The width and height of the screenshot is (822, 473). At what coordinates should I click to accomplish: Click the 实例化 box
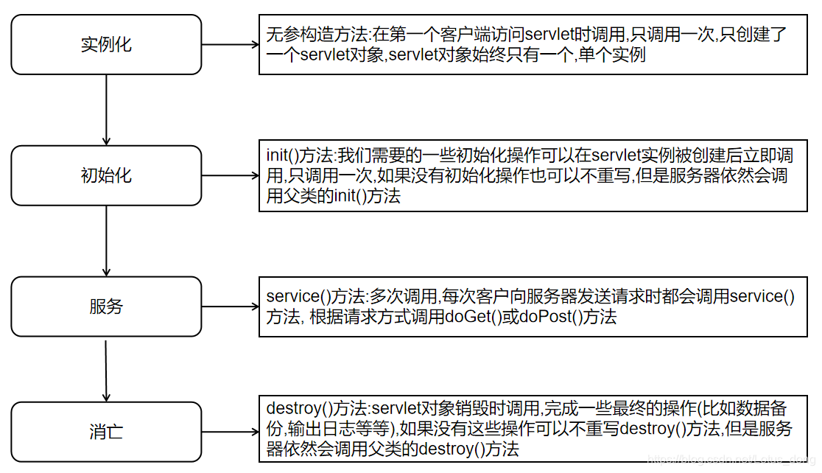[x=106, y=44]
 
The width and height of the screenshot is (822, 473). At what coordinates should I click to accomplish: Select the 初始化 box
[x=106, y=175]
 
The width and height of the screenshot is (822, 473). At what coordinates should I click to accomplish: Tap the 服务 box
[x=106, y=306]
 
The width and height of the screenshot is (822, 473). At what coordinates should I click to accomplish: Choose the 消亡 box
[x=106, y=432]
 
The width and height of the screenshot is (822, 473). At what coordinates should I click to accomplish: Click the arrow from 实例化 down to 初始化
[x=106, y=110]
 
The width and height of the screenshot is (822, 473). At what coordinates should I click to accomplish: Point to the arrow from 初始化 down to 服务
[x=106, y=241]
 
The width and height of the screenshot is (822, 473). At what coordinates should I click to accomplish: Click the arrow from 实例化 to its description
[x=230, y=44]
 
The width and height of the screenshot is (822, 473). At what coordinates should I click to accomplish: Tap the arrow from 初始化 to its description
[x=230, y=175]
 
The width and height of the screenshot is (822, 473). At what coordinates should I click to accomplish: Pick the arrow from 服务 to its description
[x=230, y=306]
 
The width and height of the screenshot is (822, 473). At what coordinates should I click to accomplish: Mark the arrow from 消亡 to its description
[x=230, y=432]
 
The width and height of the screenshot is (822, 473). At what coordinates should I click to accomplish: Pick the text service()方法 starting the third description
[x=316, y=297]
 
